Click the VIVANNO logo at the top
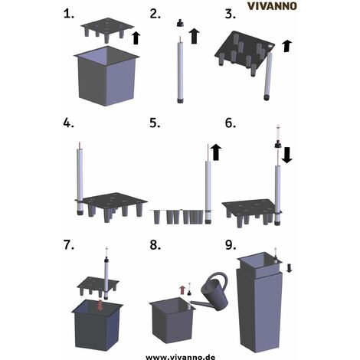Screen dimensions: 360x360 tap(272, 6)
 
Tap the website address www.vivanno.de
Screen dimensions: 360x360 tap(180, 357)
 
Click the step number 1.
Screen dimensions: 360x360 tap(68, 14)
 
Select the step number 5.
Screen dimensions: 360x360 tap(155, 123)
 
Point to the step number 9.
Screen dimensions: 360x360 tap(231, 245)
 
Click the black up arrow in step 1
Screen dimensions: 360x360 tap(136, 38)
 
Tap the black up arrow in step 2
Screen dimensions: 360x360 tap(195, 36)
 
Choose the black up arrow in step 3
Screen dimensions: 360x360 tap(286, 46)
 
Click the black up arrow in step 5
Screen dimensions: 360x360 tap(216, 152)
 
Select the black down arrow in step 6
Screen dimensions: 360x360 tap(286, 155)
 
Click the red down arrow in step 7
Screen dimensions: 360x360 tap(100, 306)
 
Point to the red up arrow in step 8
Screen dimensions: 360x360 tap(182, 290)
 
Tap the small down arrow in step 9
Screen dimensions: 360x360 tap(289, 268)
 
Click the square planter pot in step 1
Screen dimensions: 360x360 tap(106, 76)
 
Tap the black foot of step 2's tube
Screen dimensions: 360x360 tap(181, 100)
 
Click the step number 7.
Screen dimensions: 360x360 tap(68, 245)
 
